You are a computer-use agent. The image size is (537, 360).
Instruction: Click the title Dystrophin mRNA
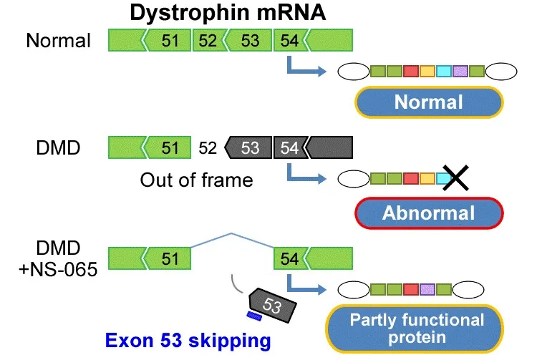(227, 14)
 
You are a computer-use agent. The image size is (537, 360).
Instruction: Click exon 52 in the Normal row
(208, 40)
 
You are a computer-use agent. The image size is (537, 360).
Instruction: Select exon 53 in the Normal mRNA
(250, 40)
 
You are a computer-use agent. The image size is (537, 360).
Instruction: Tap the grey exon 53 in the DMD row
(250, 148)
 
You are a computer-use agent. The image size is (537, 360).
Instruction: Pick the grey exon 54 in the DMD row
(289, 148)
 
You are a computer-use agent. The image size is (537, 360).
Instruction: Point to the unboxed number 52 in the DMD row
(208, 148)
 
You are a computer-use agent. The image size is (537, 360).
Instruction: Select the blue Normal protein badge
(428, 102)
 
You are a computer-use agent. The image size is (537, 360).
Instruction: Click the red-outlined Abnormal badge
(428, 212)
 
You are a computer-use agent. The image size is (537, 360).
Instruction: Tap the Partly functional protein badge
(416, 329)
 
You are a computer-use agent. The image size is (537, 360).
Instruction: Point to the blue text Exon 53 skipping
(188, 341)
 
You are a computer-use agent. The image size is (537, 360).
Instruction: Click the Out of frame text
(196, 180)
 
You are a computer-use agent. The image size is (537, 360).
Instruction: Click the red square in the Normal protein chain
(411, 72)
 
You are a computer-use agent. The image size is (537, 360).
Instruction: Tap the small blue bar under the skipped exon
(253, 314)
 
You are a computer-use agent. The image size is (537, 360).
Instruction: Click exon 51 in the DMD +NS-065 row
(170, 257)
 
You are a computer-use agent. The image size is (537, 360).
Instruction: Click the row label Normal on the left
(58, 40)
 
